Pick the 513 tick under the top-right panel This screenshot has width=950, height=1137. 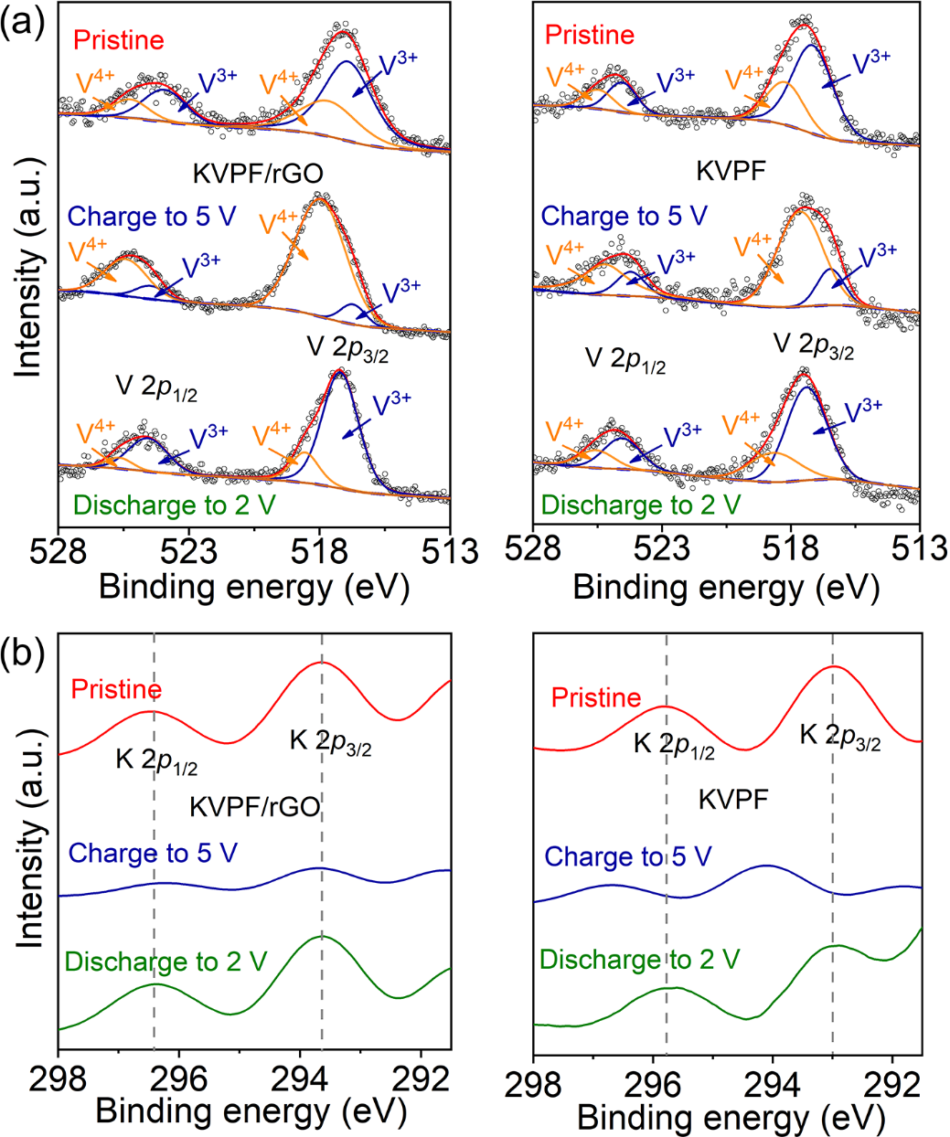(x=919, y=552)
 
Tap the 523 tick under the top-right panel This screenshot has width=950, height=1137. (x=662, y=552)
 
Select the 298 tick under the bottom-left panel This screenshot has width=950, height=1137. (x=59, y=1079)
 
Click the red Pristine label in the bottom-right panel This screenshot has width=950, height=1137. (x=595, y=698)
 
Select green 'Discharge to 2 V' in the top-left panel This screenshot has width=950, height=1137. (x=174, y=505)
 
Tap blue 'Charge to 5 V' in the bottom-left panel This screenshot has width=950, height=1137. (x=153, y=853)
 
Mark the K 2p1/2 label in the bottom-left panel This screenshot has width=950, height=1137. (x=156, y=760)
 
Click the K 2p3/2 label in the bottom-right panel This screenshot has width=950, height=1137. (x=840, y=737)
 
